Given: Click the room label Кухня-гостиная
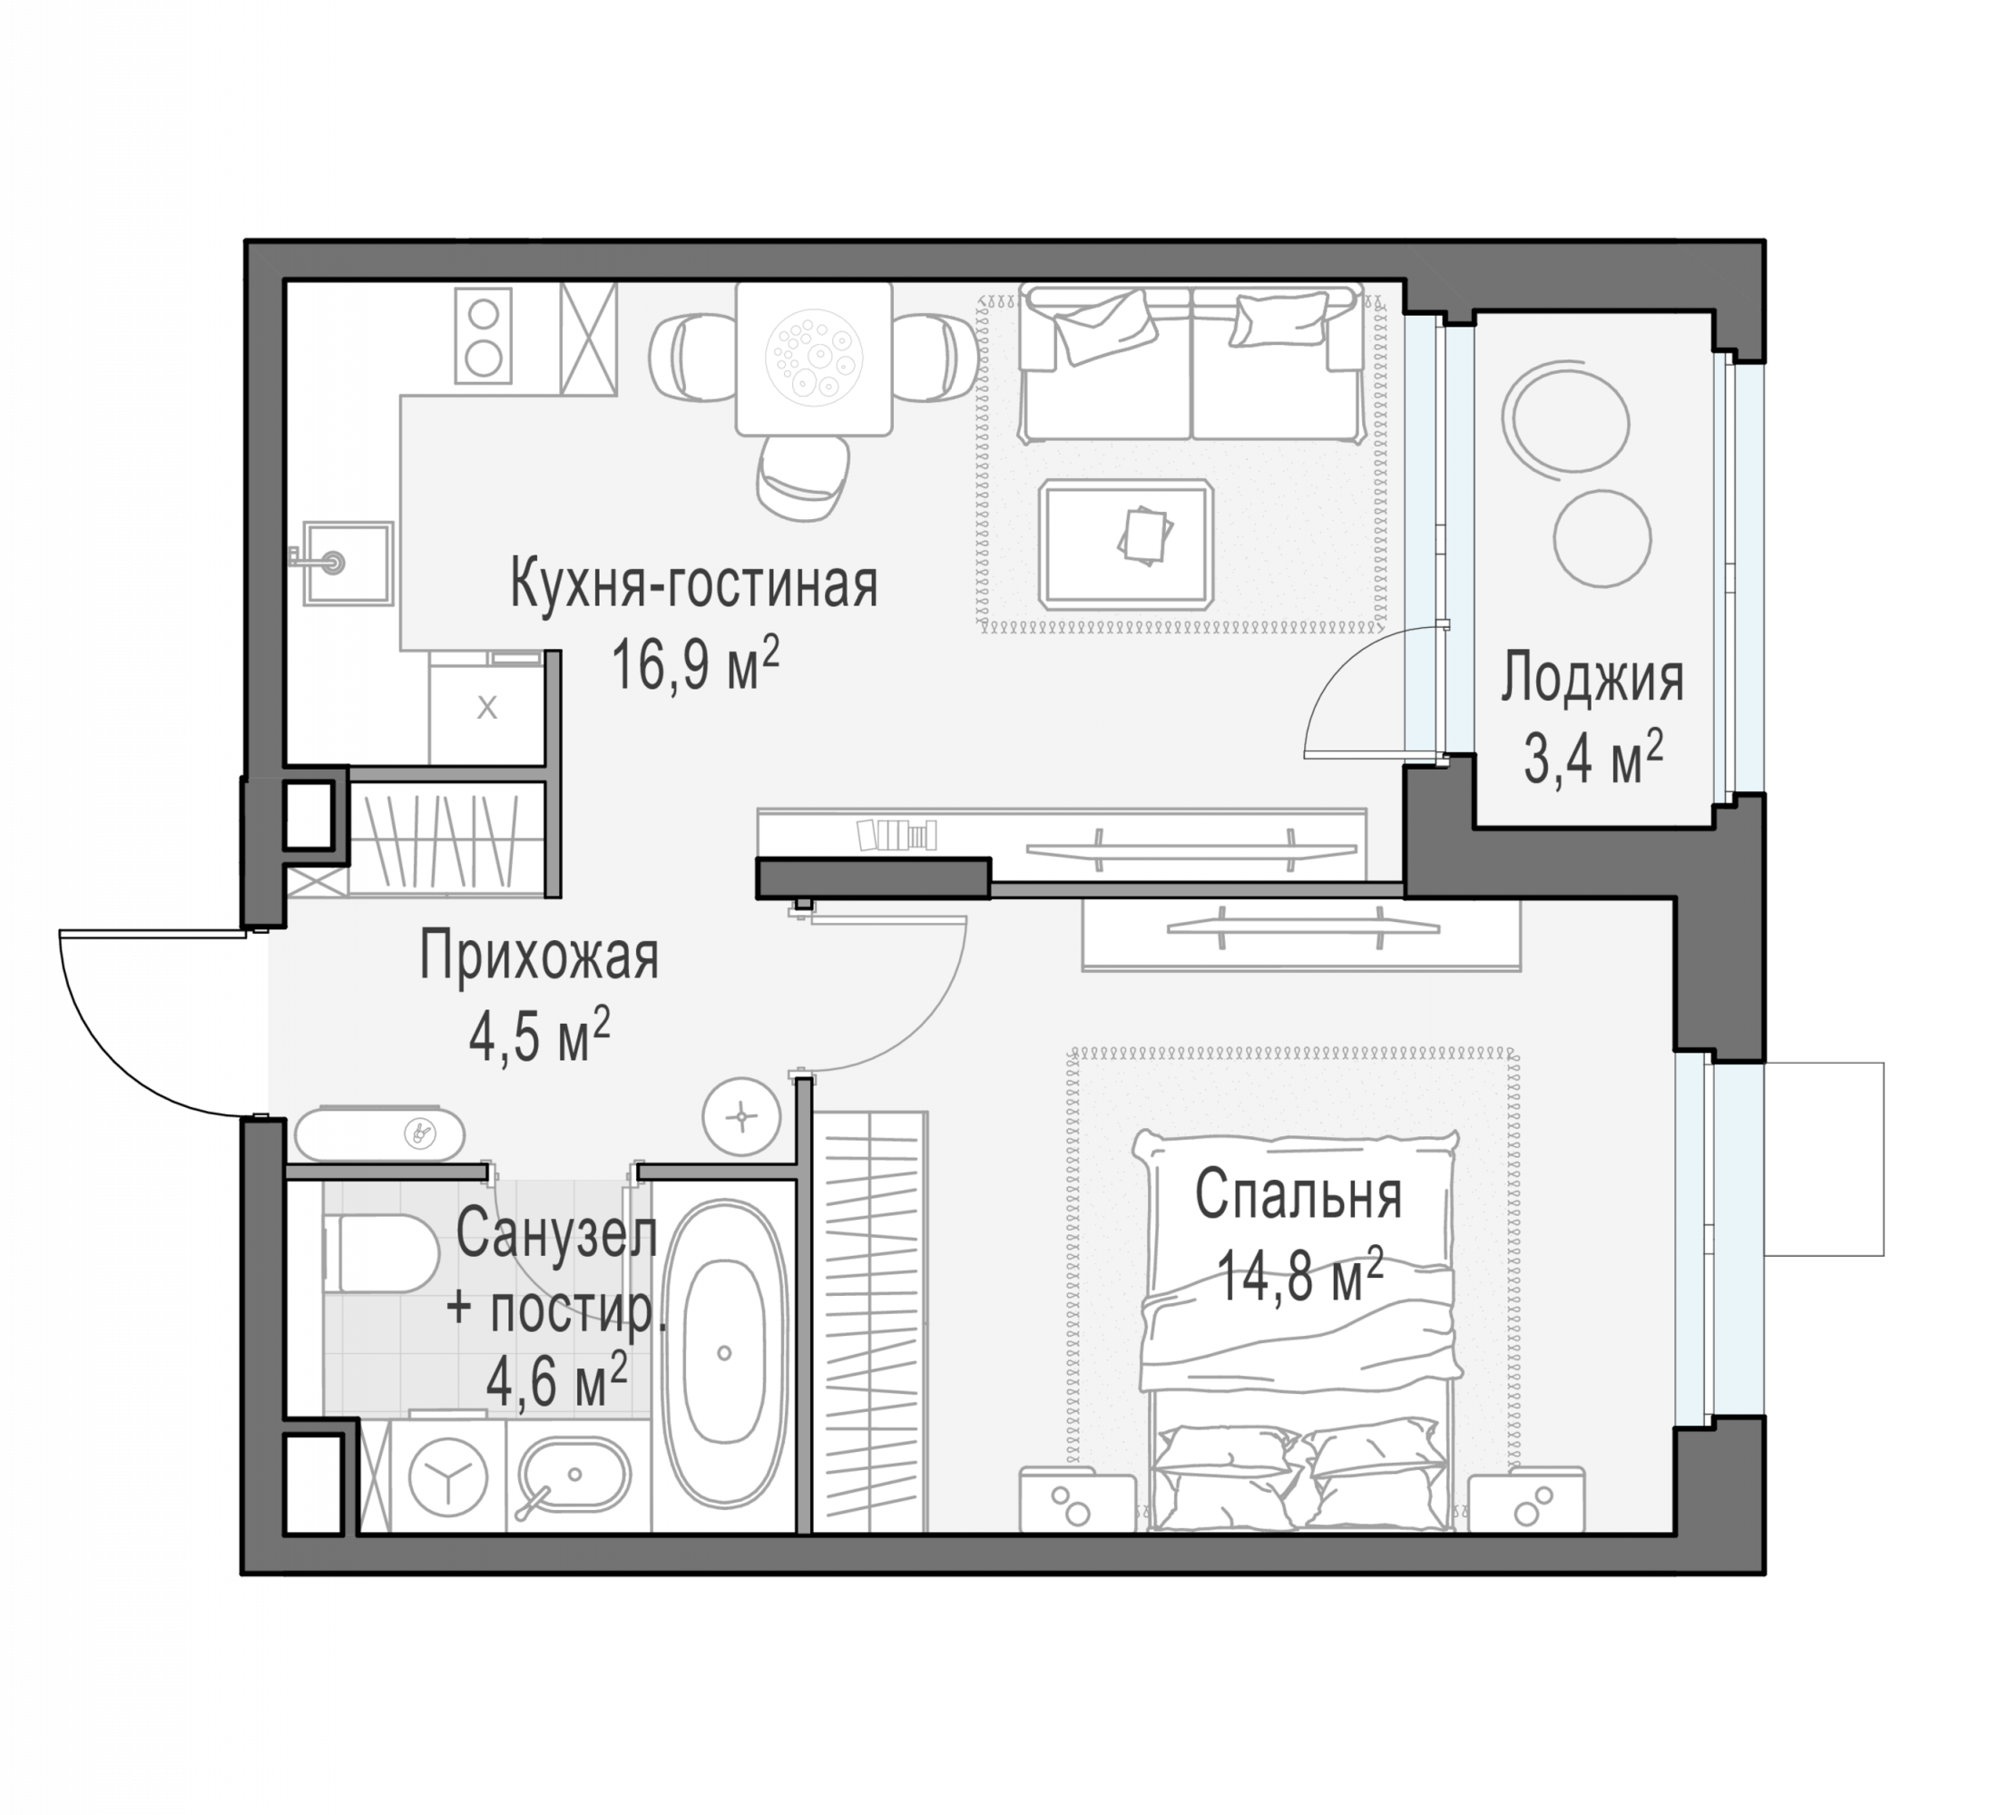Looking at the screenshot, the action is (693, 585).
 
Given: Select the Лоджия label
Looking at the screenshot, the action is (1592, 680).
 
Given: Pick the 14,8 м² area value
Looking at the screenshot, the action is (1300, 1277).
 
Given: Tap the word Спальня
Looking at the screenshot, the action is (1298, 1195).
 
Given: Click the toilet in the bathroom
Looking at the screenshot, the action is (381, 1253).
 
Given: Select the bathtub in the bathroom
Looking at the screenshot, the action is (724, 1351).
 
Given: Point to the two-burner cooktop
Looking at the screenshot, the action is (484, 335).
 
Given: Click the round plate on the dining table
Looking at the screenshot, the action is (813, 357).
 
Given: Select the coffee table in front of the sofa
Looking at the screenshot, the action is (1125, 544).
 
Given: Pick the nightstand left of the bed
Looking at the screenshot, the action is (1077, 1500).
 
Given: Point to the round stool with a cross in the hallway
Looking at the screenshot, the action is (741, 1117).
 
